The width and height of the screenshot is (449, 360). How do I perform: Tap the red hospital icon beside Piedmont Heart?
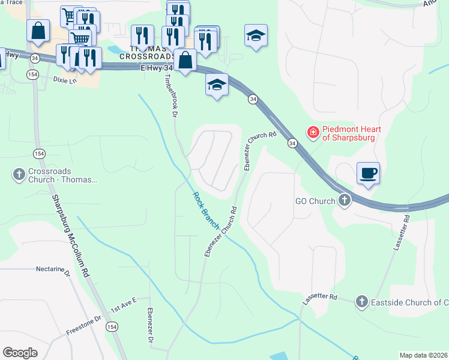click(x=313, y=132)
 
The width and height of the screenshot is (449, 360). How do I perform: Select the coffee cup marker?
click(x=369, y=173)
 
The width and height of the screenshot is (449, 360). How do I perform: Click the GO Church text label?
click(x=314, y=201)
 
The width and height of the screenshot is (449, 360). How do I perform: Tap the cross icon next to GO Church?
click(x=345, y=200)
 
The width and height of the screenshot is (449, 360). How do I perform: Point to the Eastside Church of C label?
click(x=409, y=302)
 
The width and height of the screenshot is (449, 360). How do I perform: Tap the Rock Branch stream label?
click(x=205, y=210)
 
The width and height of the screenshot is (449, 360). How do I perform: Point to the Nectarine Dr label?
click(x=53, y=269)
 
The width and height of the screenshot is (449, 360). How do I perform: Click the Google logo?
click(x=20, y=353)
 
